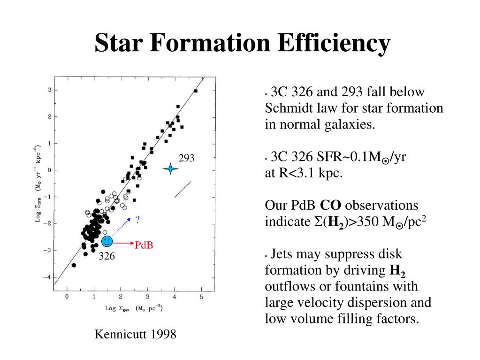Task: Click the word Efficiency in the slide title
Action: (334, 43)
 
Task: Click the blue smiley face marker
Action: (107, 242)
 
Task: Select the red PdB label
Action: (144, 245)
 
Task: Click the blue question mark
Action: (137, 220)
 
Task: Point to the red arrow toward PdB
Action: (123, 243)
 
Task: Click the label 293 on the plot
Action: (186, 158)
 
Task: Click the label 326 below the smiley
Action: (107, 257)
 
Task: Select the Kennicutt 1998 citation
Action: (136, 334)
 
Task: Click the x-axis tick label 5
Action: (201, 297)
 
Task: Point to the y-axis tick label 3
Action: (49, 90)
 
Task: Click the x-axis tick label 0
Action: (67, 297)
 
